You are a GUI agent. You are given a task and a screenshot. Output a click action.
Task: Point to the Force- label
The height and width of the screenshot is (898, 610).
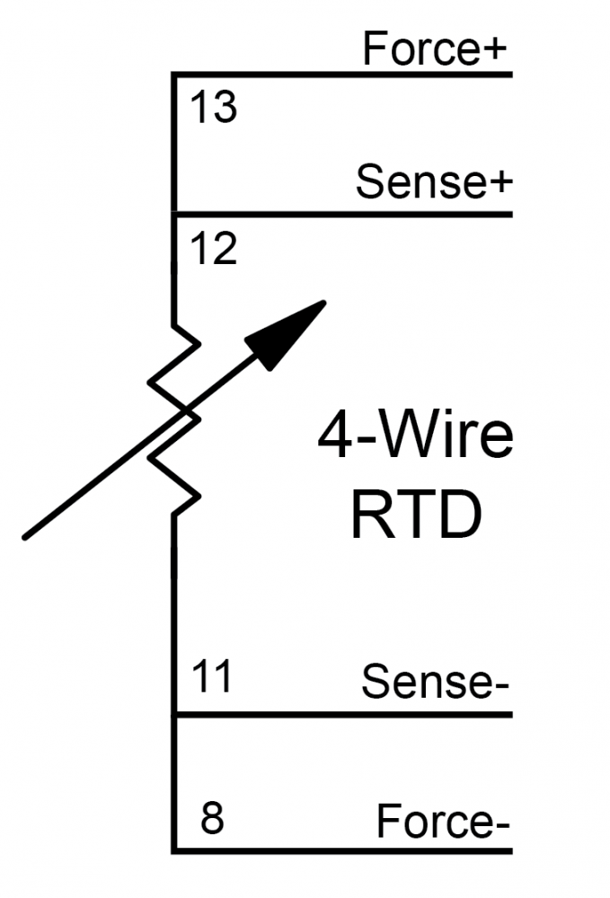point(443,822)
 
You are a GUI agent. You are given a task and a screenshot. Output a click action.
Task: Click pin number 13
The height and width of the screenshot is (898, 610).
point(214,109)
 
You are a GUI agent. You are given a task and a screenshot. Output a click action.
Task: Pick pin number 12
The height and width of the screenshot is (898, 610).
point(214,249)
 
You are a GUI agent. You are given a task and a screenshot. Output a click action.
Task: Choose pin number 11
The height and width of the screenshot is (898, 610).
point(213,676)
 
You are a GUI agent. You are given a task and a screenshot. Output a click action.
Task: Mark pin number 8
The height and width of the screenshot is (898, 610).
point(212,820)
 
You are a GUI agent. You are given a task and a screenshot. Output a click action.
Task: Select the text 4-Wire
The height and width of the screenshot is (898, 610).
point(414,437)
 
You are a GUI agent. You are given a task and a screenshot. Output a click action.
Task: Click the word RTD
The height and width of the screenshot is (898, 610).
point(414,517)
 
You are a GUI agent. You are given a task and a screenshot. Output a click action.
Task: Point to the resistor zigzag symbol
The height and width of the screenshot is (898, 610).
point(173,418)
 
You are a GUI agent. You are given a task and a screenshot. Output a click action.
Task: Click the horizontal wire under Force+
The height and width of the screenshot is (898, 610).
point(341,74)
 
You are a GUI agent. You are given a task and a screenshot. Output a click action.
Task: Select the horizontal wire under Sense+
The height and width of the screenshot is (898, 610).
point(341,214)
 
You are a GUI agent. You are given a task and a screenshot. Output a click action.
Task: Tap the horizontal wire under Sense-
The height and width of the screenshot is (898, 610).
point(341,715)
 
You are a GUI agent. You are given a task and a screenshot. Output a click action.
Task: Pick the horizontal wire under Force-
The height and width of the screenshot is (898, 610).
point(341,850)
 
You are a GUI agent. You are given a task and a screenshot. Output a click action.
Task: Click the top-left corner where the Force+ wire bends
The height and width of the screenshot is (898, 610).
point(172,75)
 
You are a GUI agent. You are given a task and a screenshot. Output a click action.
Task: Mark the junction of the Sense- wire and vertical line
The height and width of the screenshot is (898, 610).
point(172,715)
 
